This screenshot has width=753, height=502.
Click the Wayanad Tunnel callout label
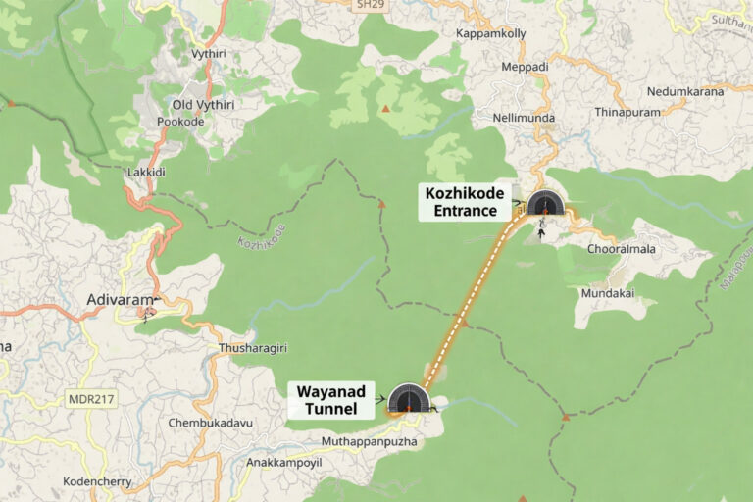[331, 400]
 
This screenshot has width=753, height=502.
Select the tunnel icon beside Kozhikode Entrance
[545, 203]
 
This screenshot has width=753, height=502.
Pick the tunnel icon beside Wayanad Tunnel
[409, 399]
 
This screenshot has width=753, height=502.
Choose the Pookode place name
[180, 122]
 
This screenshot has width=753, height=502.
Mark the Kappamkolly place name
[491, 33]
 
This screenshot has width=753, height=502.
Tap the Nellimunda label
[524, 118]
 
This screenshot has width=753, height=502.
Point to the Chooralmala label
[621, 249]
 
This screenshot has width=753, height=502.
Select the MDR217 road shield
[90, 400]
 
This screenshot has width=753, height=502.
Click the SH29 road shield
[369, 5]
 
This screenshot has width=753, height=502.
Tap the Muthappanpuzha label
[369, 441]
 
